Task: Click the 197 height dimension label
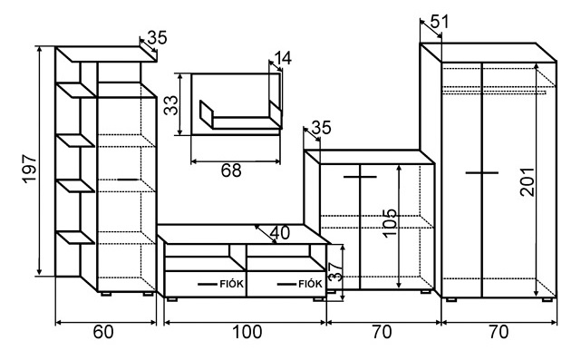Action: click(30, 169)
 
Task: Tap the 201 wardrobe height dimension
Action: click(527, 181)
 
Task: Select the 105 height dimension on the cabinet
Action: click(390, 223)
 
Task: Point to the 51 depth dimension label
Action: click(440, 22)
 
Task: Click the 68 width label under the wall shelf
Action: click(231, 170)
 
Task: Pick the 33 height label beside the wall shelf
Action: click(171, 105)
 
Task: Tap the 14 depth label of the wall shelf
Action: click(283, 58)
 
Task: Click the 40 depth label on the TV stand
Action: click(280, 233)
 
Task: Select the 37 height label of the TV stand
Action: click(335, 272)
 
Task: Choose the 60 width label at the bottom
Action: click(103, 332)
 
